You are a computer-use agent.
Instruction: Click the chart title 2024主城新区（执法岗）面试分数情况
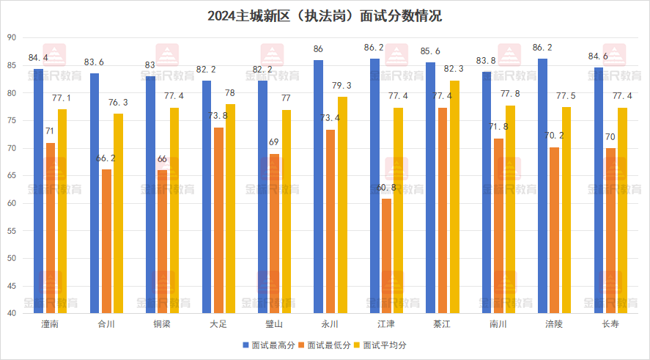[x=325, y=15]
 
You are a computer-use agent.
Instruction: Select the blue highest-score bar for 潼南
[x=38, y=191]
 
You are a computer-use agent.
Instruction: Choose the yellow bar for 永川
[x=343, y=205]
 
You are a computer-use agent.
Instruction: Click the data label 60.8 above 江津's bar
[x=386, y=188]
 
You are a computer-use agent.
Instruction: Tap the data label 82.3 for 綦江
[x=455, y=68]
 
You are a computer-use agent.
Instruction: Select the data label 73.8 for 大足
[x=218, y=116]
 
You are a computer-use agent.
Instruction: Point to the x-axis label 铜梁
[x=163, y=323]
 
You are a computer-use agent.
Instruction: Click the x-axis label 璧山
[x=275, y=323]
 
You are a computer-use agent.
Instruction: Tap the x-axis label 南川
[x=498, y=323]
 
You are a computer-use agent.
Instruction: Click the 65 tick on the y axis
[x=12, y=176]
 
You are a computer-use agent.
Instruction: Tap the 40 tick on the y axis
[x=12, y=313]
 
